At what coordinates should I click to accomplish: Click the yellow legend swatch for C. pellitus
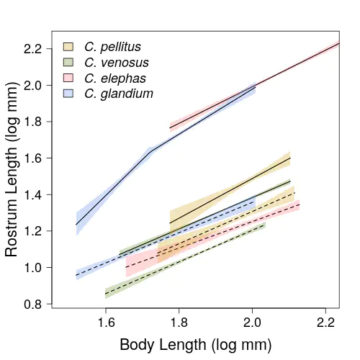[x=68, y=47]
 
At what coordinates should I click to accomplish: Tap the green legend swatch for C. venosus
[x=68, y=63]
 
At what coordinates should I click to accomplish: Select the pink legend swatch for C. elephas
[x=68, y=78]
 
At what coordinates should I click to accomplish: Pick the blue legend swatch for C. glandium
[x=68, y=94]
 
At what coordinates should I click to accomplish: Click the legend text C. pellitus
[x=112, y=47]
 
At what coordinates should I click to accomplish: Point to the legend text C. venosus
[x=117, y=63]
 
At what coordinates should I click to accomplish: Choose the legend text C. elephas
[x=115, y=78]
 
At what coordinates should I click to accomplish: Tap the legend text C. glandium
[x=119, y=94]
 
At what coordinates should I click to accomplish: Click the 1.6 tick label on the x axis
[x=106, y=323]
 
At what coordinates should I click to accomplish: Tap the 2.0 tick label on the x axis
[x=252, y=323]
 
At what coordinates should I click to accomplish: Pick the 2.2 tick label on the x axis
[x=325, y=323]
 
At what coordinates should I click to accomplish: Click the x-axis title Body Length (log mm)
[x=196, y=345]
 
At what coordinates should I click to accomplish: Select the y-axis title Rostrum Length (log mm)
[x=12, y=169]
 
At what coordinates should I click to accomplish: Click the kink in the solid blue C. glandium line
[x=150, y=152]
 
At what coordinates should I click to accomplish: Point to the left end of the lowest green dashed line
[x=105, y=294]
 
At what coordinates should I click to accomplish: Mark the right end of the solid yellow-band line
[x=290, y=158]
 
